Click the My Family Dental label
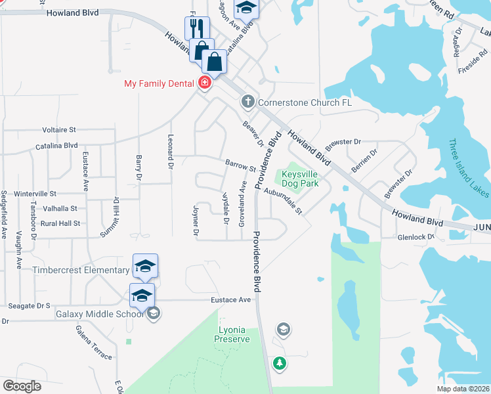point(160,83)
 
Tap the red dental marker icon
point(205,83)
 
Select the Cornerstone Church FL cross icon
point(247,102)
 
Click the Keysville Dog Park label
point(300,179)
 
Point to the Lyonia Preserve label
point(232,334)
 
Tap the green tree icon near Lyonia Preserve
point(280,363)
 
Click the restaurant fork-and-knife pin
point(197,28)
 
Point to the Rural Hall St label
point(60,223)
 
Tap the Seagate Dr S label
point(30,306)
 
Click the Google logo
point(22,386)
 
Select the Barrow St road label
point(240,165)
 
